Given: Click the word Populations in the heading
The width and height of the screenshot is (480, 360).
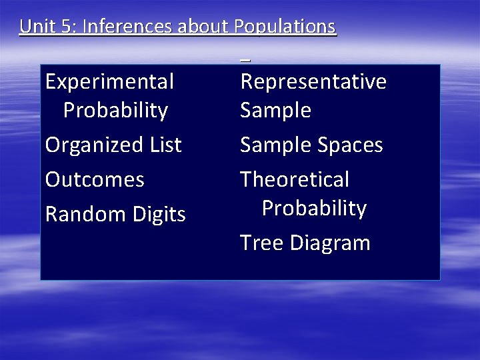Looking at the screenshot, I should click(285, 27).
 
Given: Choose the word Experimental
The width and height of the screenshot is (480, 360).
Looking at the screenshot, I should click(109, 82).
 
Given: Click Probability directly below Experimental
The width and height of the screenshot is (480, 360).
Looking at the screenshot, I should click(115, 111).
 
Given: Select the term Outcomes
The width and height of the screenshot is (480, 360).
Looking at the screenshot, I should click(95, 180).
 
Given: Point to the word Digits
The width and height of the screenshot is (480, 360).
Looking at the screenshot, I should click(158, 215).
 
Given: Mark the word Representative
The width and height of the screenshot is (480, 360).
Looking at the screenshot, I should click(313, 82).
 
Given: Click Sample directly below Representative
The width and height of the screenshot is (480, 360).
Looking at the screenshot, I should click(275, 111).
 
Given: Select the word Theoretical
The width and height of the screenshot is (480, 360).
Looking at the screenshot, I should click(295, 180).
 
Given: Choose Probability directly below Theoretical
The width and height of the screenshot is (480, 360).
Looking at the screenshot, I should click(314, 209).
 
